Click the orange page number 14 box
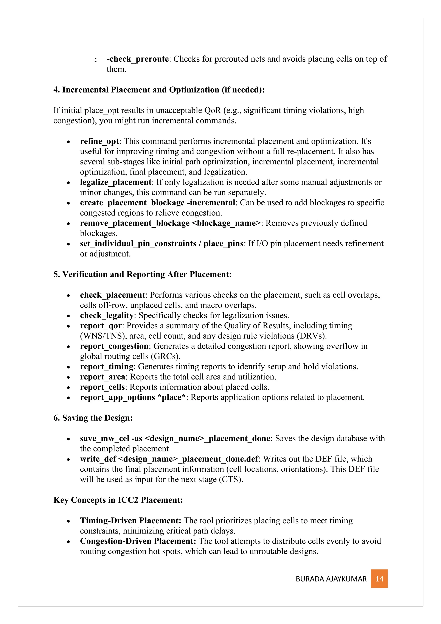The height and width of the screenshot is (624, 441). click(x=379, y=579)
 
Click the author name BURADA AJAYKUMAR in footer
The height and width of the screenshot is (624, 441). click(x=331, y=579)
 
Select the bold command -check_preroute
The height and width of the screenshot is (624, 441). click(x=138, y=59)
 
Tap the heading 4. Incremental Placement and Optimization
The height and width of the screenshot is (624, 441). click(x=159, y=90)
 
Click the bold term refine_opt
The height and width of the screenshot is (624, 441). click(x=99, y=141)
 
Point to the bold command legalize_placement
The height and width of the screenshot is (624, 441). click(x=116, y=182)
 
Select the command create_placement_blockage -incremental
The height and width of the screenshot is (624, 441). click(x=157, y=203)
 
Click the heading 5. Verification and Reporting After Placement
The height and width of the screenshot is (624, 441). click(x=143, y=275)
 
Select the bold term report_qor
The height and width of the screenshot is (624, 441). click(x=101, y=326)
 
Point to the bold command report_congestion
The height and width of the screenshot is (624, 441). click(x=114, y=346)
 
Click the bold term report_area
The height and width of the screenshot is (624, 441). click(x=102, y=377)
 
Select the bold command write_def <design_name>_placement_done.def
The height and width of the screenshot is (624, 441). click(x=169, y=459)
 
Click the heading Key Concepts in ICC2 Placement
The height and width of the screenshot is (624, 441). click(x=118, y=500)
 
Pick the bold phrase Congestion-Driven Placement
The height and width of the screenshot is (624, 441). click(x=138, y=541)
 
